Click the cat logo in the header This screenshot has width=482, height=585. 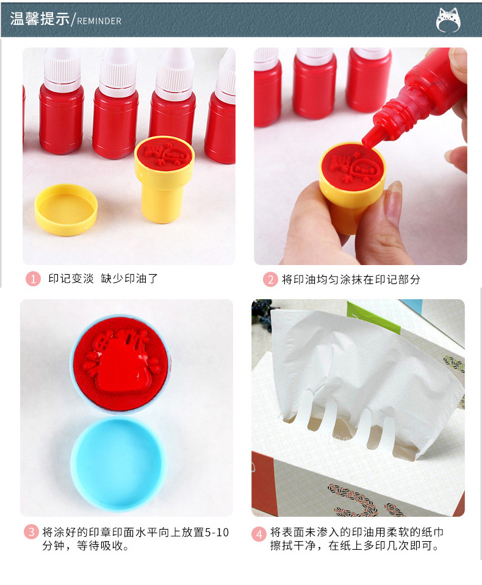coord(448,19)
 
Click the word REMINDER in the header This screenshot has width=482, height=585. coord(99,21)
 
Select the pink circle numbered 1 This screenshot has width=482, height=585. coord(33,279)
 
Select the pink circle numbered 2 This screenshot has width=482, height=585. coord(270,280)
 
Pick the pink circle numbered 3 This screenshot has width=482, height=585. coord(31,532)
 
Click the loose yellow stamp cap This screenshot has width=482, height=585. coord(66,209)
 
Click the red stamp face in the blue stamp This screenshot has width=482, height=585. coord(120,362)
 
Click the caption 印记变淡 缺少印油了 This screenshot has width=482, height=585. coord(103,279)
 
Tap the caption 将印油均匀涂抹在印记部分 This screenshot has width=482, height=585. coord(351,280)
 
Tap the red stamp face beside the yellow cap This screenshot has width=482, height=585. coord(164,153)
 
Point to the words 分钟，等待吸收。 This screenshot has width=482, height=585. coord(85,547)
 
